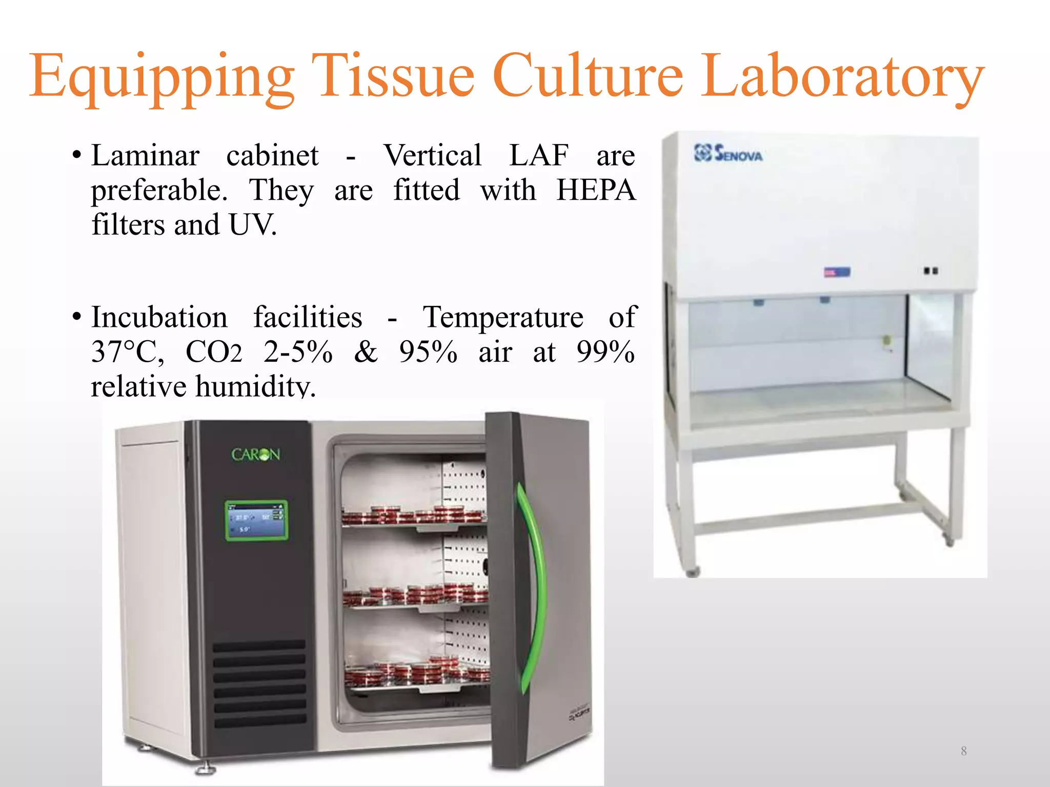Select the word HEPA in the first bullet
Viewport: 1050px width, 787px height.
tap(596, 190)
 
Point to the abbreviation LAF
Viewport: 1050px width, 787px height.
tap(538, 155)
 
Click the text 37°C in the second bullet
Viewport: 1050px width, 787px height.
tap(128, 352)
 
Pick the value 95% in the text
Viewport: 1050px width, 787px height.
tap(428, 352)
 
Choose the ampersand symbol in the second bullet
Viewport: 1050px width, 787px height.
tap(366, 352)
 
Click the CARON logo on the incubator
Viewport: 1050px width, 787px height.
tap(255, 454)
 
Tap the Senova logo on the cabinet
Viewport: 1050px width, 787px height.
tap(728, 153)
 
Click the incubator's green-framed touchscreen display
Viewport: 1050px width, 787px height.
tap(256, 521)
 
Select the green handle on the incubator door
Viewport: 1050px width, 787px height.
tap(532, 584)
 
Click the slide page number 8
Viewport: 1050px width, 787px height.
tap(963, 751)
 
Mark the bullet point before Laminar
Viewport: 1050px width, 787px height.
tap(77, 155)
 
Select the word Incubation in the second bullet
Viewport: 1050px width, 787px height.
tap(159, 317)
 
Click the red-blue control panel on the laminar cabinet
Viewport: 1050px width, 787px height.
tap(837, 272)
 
